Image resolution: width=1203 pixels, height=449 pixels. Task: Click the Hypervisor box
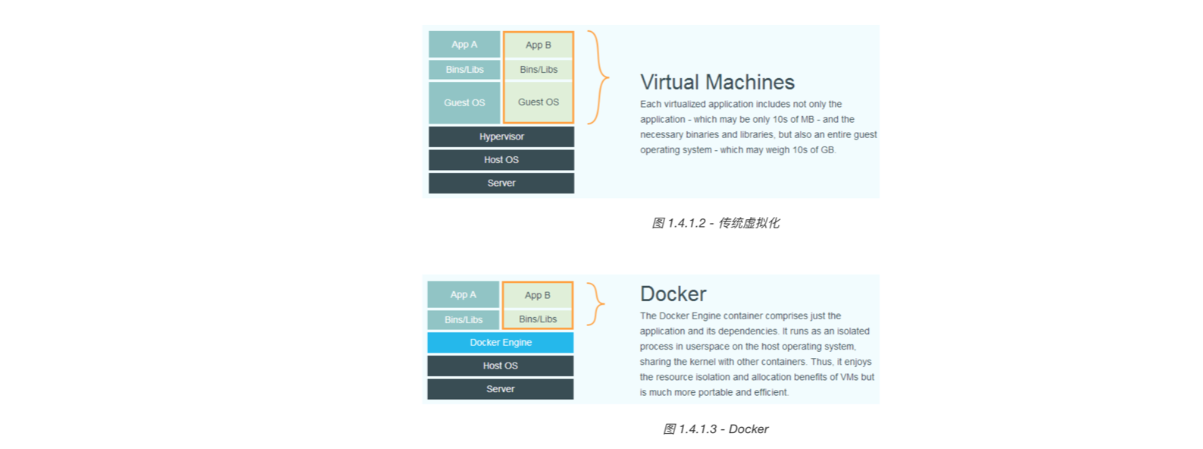501,137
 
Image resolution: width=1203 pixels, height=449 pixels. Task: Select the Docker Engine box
500,342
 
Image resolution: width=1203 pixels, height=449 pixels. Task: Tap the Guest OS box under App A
464,102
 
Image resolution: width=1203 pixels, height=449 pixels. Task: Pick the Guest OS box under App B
538,102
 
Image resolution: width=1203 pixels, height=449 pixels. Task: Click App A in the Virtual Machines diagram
464,45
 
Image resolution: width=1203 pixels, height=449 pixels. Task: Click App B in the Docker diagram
537,295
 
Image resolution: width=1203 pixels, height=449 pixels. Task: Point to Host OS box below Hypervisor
501,160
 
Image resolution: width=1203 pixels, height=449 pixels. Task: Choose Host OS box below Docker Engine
500,366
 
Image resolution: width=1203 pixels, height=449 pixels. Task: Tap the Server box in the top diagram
501,183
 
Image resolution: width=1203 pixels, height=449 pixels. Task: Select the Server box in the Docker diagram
500,389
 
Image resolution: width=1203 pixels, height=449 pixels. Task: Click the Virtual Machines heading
717,82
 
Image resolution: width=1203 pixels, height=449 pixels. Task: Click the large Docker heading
673,294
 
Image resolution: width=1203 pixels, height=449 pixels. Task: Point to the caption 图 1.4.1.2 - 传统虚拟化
715,223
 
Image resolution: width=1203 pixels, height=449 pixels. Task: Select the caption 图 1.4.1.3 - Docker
715,429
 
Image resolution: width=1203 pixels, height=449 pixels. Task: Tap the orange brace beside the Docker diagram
596,304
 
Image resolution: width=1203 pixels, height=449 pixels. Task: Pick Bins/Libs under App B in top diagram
538,70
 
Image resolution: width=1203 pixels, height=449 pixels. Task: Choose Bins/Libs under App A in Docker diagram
463,320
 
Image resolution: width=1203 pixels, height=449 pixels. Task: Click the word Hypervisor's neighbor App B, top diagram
538,45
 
